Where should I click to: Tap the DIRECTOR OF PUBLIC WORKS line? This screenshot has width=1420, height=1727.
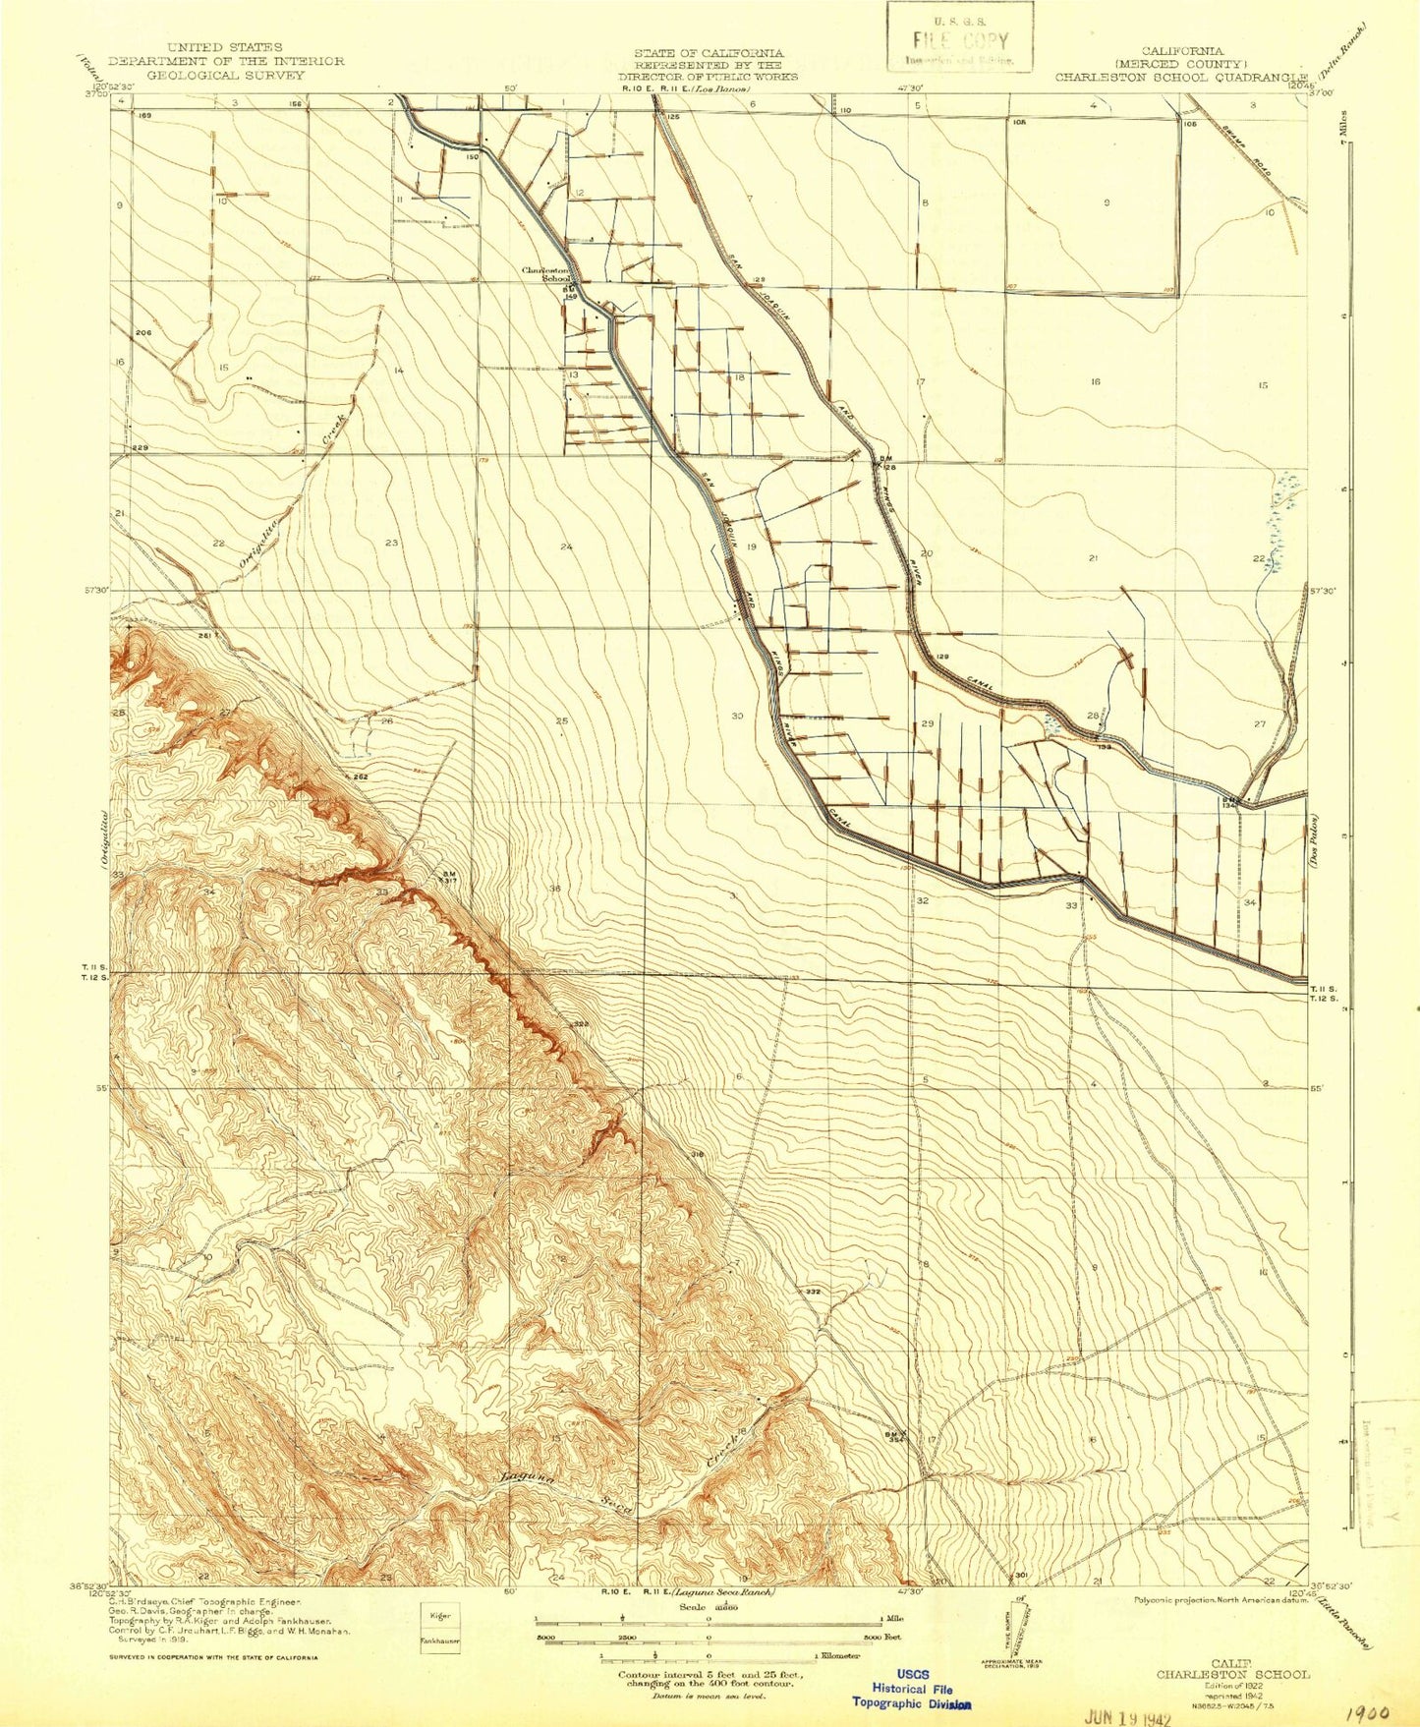708,76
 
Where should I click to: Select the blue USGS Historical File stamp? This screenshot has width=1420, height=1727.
912,1688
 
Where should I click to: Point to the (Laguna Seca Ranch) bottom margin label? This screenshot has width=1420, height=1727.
724,1592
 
